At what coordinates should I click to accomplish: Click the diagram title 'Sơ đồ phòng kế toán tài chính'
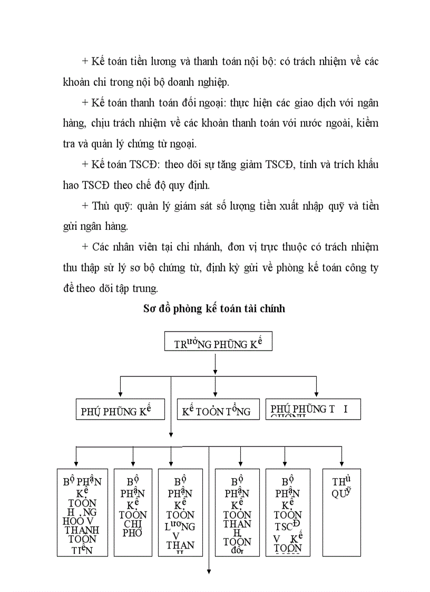(x=214, y=309)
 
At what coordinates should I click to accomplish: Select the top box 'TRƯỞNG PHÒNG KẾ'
(x=218, y=343)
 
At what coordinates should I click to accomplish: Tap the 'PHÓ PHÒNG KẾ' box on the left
(x=121, y=410)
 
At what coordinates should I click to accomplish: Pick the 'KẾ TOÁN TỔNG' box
(x=218, y=410)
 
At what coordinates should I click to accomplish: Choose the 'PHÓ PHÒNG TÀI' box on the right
(x=313, y=410)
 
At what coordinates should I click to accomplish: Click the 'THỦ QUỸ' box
(x=341, y=512)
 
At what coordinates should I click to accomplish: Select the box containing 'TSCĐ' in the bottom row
(x=291, y=512)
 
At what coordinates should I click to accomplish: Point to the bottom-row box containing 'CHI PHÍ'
(x=133, y=512)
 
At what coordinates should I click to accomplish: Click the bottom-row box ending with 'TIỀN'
(x=82, y=512)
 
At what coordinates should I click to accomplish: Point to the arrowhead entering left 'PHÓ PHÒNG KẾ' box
(x=121, y=395)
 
